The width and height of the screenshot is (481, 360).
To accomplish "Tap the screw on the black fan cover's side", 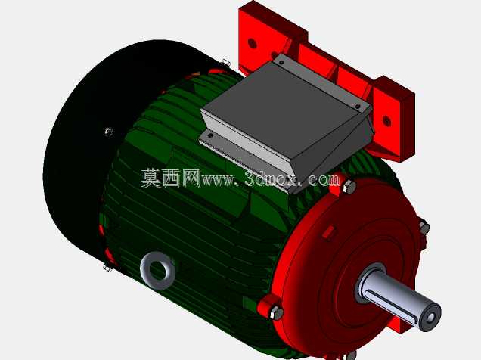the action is (x=109, y=132).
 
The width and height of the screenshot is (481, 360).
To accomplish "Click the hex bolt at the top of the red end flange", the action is (x=349, y=187).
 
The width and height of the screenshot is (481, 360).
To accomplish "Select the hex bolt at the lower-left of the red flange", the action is (x=276, y=313).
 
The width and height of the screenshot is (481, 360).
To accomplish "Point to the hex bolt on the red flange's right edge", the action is (x=424, y=228).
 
